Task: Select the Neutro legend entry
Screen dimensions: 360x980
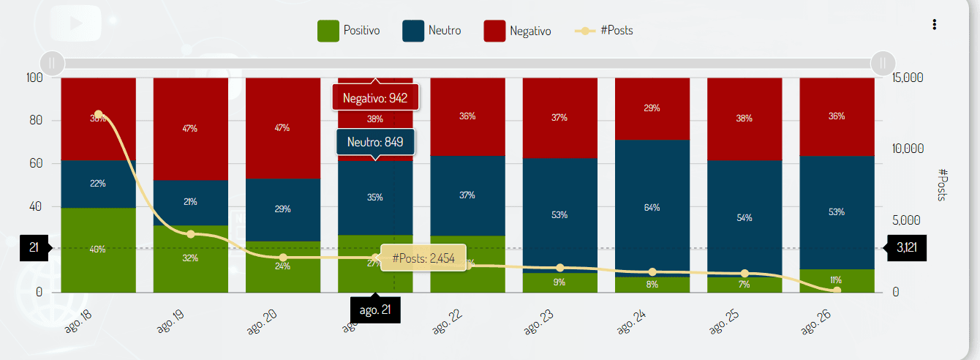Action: point(431,31)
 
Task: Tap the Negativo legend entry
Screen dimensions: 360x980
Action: point(517,31)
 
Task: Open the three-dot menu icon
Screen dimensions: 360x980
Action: point(934,25)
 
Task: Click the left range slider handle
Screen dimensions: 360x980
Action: point(52,63)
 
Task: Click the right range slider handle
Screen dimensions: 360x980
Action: point(883,63)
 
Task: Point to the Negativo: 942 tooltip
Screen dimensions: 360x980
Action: point(374,97)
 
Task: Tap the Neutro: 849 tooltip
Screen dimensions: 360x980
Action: point(375,142)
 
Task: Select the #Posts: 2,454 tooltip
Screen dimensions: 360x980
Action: point(423,258)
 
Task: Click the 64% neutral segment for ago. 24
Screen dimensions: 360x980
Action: point(652,208)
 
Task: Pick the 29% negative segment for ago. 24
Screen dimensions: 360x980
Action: point(652,108)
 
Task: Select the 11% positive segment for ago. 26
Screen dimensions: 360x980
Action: point(836,280)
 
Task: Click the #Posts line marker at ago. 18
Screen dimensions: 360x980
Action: point(99,114)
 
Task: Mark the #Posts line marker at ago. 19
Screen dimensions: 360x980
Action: point(191,234)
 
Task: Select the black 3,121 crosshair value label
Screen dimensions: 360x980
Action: point(906,247)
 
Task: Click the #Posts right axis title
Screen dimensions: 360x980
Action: point(943,184)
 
